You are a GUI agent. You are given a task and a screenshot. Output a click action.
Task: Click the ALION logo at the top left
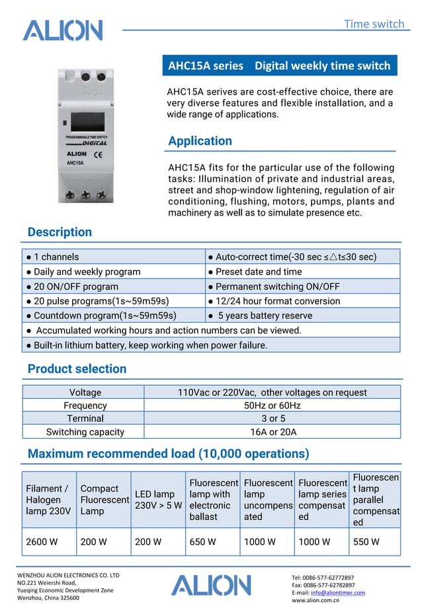62,30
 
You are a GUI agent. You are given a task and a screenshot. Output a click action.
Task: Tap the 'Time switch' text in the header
374,24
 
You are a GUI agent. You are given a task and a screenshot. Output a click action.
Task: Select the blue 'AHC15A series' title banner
279,65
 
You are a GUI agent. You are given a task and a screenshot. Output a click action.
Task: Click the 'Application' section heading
200,141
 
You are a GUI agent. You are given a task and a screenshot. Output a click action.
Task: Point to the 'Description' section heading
60,232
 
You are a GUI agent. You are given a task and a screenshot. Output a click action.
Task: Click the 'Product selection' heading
77,369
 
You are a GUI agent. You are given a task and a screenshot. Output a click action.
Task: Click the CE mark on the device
97,154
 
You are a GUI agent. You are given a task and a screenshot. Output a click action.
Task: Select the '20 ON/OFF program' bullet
72,286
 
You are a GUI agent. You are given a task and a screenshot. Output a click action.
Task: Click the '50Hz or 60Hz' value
272,406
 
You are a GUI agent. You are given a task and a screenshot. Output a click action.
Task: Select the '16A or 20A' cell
272,432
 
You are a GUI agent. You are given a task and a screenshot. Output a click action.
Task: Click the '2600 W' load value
42,542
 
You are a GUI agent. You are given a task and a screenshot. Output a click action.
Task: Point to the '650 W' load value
202,542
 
